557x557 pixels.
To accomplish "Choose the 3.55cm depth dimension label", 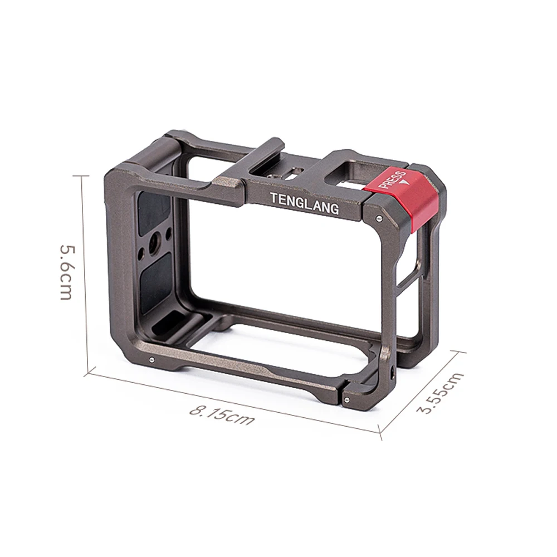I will coord(441,392).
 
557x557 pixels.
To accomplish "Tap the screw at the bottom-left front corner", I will coord(152,360).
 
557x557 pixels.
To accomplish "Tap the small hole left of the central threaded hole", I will coord(141,253).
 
